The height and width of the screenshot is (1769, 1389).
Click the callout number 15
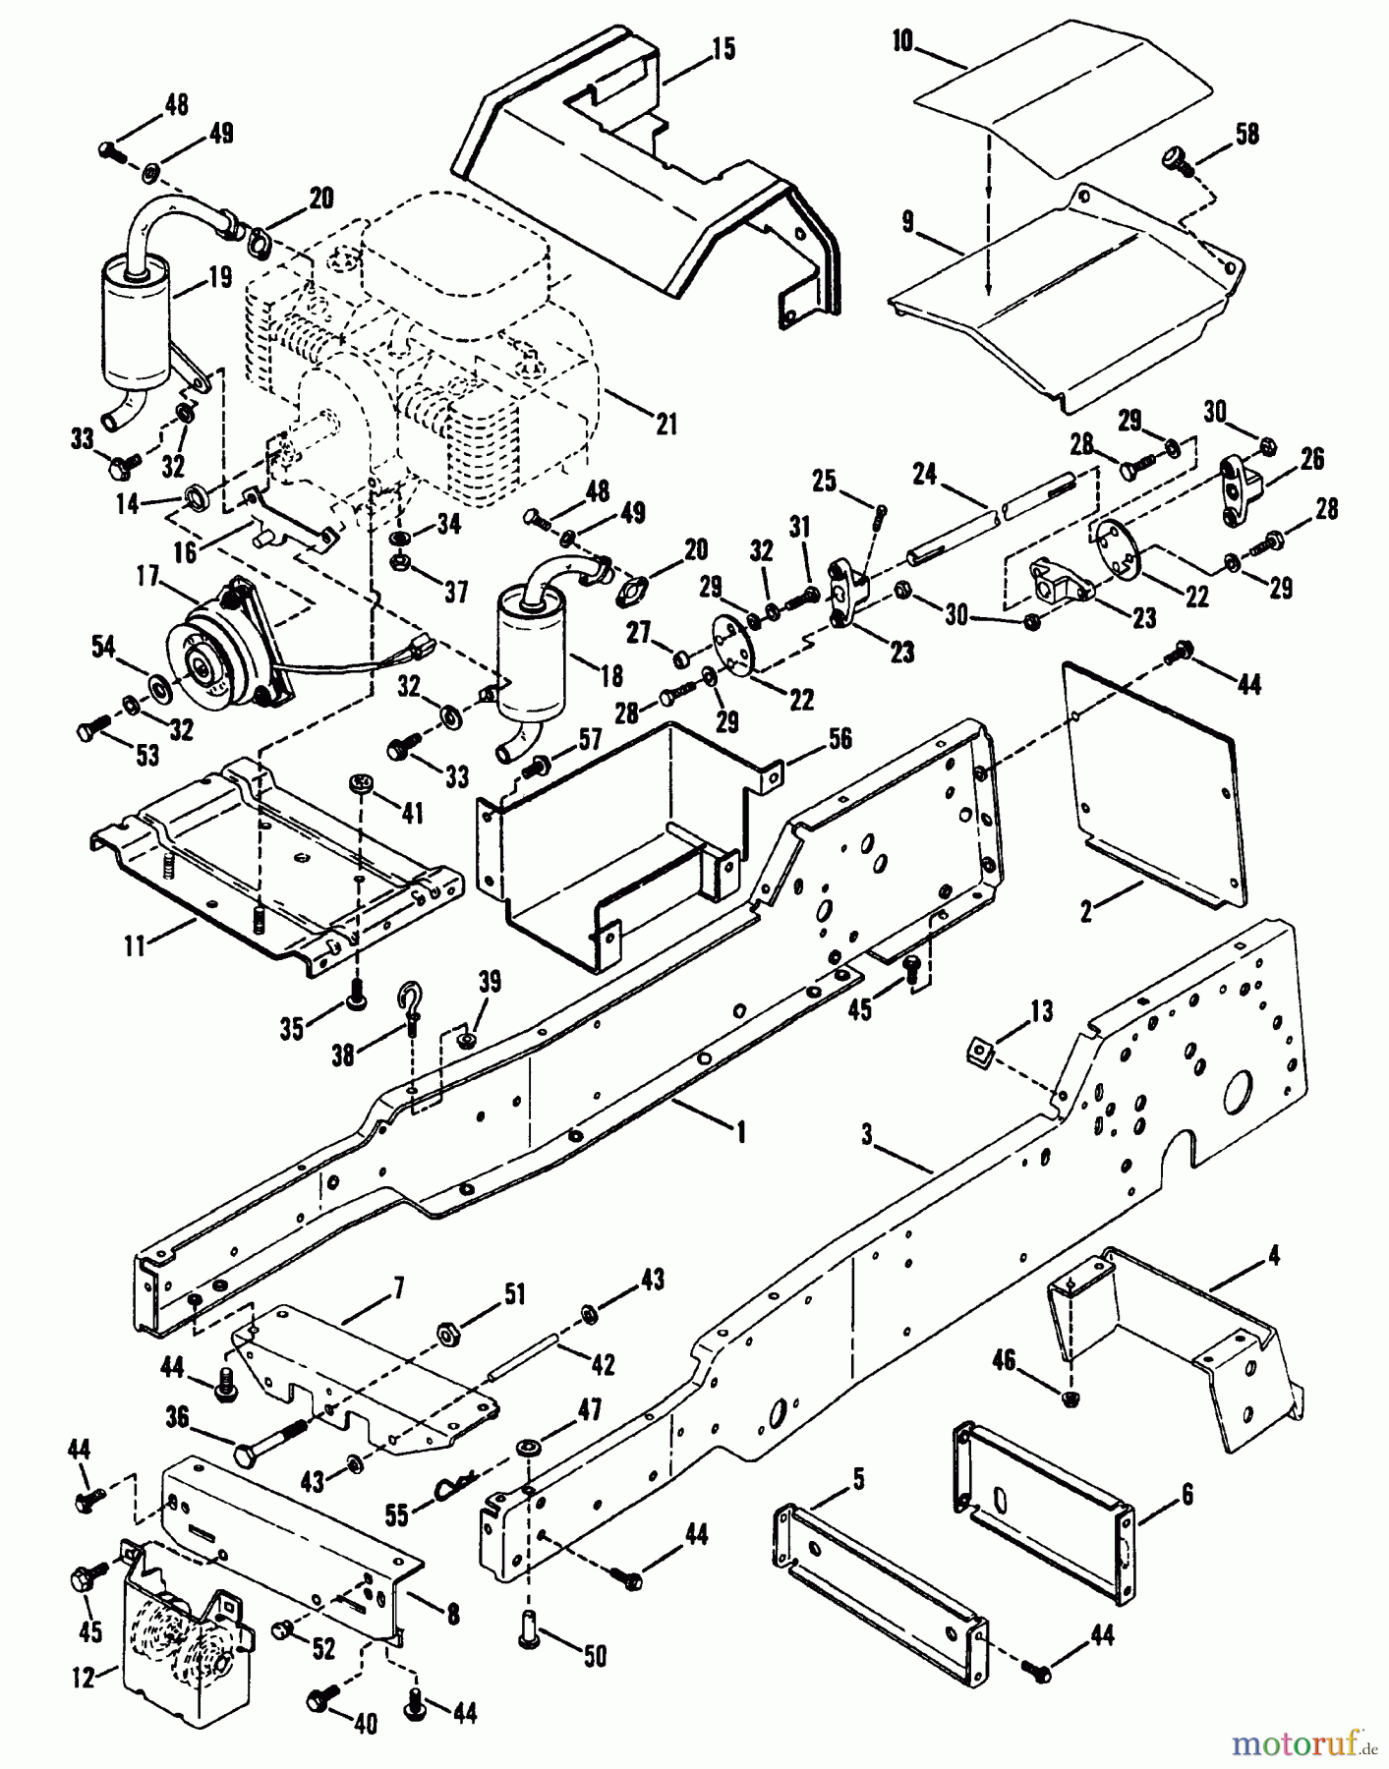(x=723, y=49)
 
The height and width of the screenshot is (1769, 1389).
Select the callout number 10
(x=903, y=42)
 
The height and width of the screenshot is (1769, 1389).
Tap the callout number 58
(x=1246, y=134)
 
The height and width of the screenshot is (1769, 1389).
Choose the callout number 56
(x=839, y=740)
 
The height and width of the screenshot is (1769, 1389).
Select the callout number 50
(x=595, y=1655)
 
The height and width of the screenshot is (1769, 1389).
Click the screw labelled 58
(x=1176, y=159)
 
